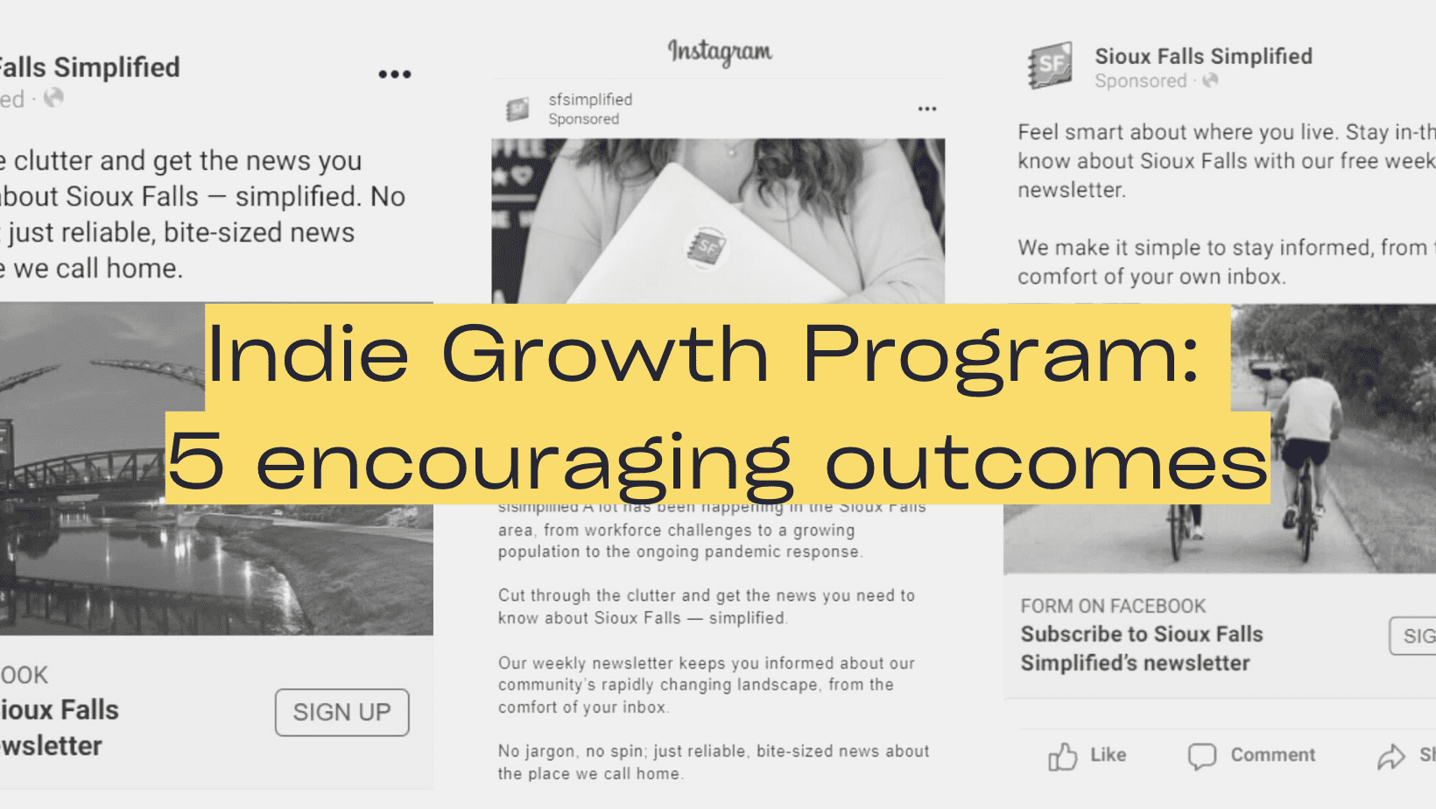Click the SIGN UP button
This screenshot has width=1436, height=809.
tap(341, 713)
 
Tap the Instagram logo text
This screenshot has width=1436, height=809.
tap(720, 52)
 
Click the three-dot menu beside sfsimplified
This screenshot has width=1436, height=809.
tap(926, 109)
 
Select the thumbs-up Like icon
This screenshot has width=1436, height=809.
tap(1062, 756)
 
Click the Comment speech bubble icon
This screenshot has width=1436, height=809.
tap(1201, 756)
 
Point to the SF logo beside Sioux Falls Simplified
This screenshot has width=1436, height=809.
tap(1050, 65)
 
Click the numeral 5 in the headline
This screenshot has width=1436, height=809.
tap(196, 461)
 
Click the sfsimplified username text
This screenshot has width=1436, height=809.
tap(590, 100)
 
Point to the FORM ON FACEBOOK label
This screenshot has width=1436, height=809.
tap(1113, 606)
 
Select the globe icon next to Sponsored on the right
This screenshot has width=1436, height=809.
tap(1210, 81)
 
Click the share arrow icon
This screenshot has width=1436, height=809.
tap(1390, 756)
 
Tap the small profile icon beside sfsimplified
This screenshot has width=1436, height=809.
tap(517, 109)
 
